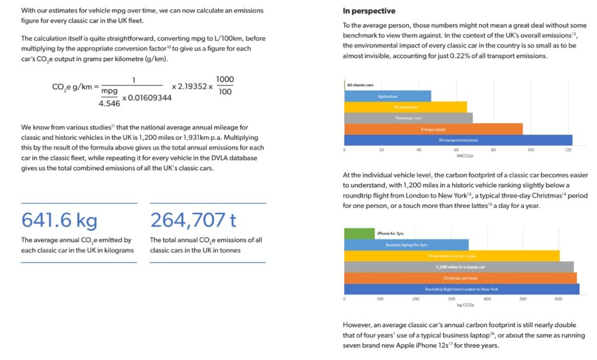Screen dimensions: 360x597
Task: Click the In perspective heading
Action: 369,11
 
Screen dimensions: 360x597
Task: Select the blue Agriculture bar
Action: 387,96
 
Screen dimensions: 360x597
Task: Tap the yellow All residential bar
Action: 405,107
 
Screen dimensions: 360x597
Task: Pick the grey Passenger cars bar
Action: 408,118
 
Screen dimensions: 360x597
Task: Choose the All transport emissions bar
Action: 458,140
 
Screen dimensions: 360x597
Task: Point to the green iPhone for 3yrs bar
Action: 359,234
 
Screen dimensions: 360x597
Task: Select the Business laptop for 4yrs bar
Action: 406,245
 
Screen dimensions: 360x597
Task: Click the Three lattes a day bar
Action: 451,256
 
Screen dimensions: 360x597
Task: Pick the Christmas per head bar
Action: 460,278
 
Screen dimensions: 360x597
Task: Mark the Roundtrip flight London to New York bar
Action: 461,289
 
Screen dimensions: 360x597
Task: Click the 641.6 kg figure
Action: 60,220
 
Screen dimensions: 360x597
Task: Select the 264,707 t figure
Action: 193,220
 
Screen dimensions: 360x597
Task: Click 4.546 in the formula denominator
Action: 109,103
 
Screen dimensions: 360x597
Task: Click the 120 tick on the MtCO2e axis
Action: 568,150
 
